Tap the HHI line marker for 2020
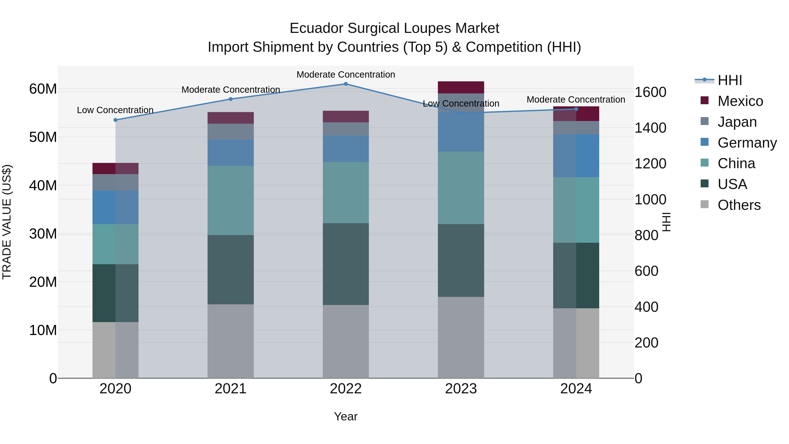click(116, 120)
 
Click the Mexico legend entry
click(740, 101)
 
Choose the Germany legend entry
click(747, 143)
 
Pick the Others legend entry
click(739, 205)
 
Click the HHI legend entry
click(730, 80)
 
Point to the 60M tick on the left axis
click(43, 89)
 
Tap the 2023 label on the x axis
click(461, 389)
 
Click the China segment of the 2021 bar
click(230, 200)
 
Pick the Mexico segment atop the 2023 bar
click(461, 87)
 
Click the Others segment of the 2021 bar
click(230, 341)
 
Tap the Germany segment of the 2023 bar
click(461, 132)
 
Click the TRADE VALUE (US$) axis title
click(7, 222)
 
